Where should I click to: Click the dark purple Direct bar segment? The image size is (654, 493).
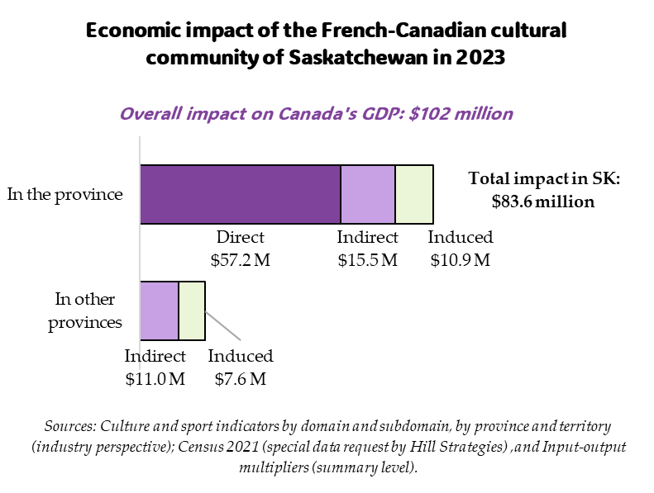pos(240,194)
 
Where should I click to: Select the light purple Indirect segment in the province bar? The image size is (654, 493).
pos(368,194)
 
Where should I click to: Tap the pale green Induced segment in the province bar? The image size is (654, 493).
pos(414,194)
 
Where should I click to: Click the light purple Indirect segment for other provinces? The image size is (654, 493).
pos(160,310)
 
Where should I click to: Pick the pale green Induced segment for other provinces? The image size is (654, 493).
pos(192,310)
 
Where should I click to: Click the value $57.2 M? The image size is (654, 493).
pos(241,260)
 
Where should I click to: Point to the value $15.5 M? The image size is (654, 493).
pos(368,260)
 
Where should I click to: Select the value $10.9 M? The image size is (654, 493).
pos(461,260)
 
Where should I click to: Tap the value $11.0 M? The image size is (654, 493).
pos(155,379)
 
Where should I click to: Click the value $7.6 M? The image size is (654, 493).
pos(241,379)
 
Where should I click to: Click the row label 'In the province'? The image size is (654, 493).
pos(64,194)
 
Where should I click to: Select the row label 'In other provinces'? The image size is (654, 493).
pos(85,310)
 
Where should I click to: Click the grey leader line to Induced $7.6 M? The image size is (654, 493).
pos(222,325)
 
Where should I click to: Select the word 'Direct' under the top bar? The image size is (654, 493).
pos(241,238)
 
